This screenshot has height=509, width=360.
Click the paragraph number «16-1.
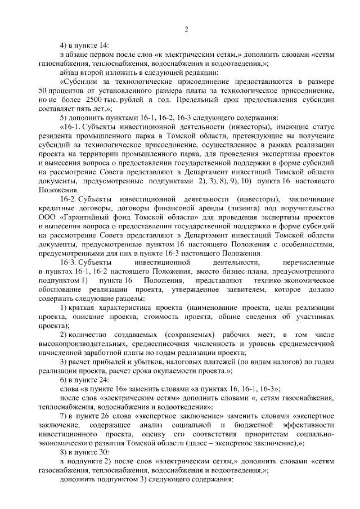[72, 128]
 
